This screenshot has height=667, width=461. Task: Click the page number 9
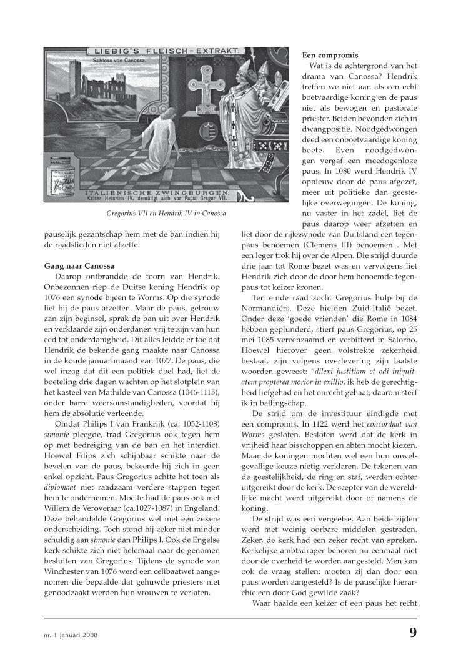coord(413,632)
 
